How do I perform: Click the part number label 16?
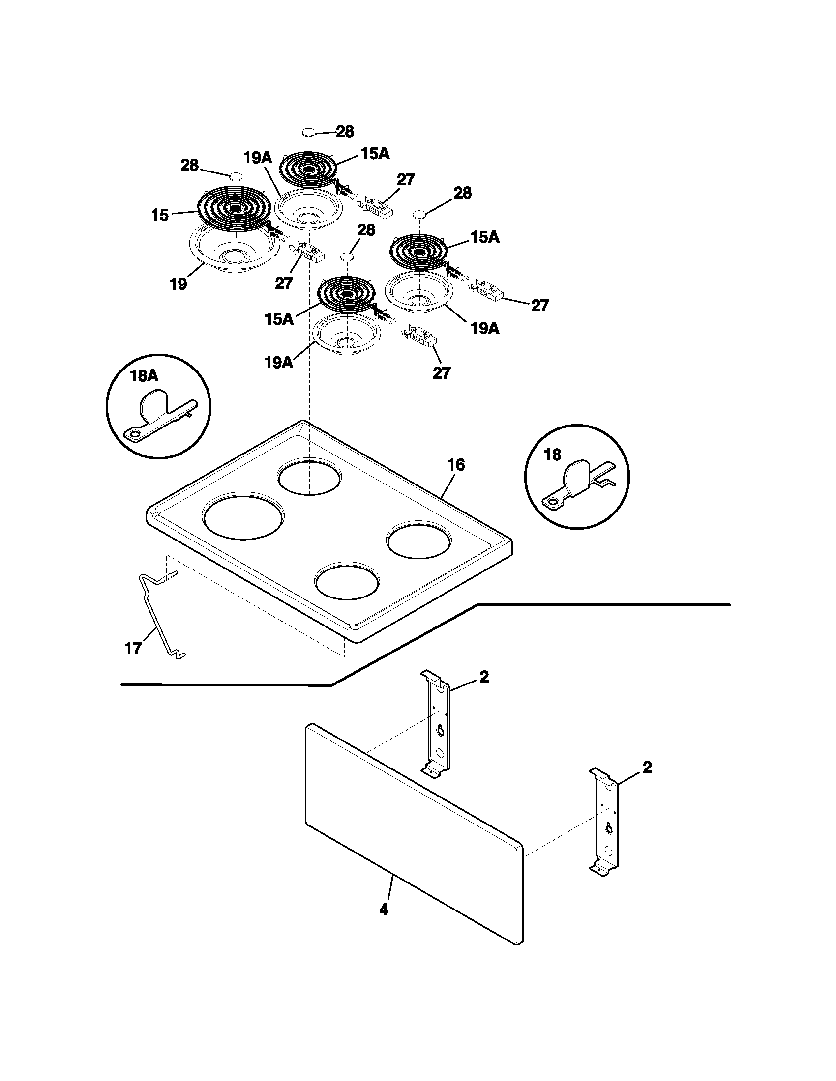456,465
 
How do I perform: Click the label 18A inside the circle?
144,376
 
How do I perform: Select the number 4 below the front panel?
384,909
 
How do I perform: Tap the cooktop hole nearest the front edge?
348,582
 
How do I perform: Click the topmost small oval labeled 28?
308,132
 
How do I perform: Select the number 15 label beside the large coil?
160,216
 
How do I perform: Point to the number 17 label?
133,649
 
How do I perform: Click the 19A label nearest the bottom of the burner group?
278,363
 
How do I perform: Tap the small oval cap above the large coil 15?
236,176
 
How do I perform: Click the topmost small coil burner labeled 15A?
308,168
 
